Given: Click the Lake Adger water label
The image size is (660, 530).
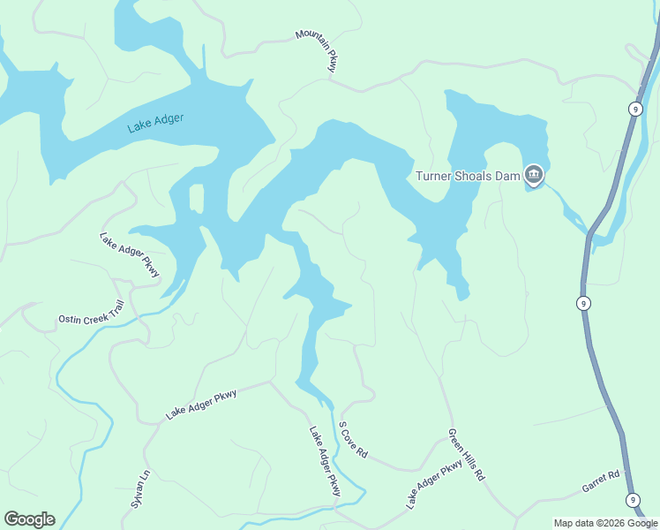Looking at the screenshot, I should click(x=155, y=123).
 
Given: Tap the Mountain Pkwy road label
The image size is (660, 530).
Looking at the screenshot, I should click(x=317, y=50).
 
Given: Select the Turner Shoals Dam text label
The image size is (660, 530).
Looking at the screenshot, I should click(x=468, y=176).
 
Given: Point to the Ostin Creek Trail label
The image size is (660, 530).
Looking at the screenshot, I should click(x=92, y=313).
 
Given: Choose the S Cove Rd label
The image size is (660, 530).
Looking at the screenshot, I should click(x=353, y=439).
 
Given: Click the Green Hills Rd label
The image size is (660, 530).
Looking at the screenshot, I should click(x=466, y=455).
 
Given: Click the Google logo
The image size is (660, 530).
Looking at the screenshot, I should click(x=29, y=519).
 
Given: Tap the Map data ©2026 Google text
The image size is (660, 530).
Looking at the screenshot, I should click(x=605, y=523).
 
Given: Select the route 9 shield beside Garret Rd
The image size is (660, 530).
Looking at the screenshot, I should click(x=634, y=500).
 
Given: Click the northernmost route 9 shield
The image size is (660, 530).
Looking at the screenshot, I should click(x=634, y=108).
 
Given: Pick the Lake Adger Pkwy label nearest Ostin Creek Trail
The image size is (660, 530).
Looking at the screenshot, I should click(x=130, y=255).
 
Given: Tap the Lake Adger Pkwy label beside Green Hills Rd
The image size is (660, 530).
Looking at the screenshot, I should click(x=434, y=484).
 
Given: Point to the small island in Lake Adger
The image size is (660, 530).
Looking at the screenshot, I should click(x=196, y=198).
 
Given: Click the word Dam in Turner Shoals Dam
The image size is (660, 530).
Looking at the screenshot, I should click(x=506, y=176).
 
